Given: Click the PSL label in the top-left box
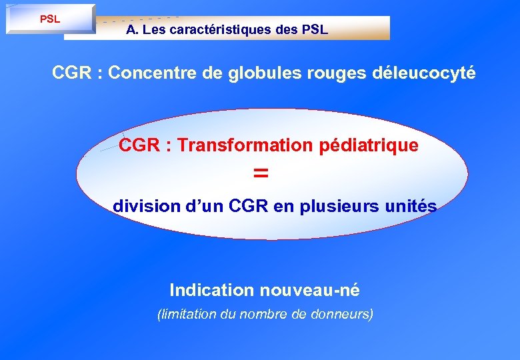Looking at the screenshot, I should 50,19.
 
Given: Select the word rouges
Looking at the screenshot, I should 331,73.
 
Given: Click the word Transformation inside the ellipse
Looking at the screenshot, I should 244,145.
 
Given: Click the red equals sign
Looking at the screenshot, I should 261,173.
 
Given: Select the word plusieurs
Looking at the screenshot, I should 344,207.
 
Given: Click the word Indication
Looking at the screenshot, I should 212,291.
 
